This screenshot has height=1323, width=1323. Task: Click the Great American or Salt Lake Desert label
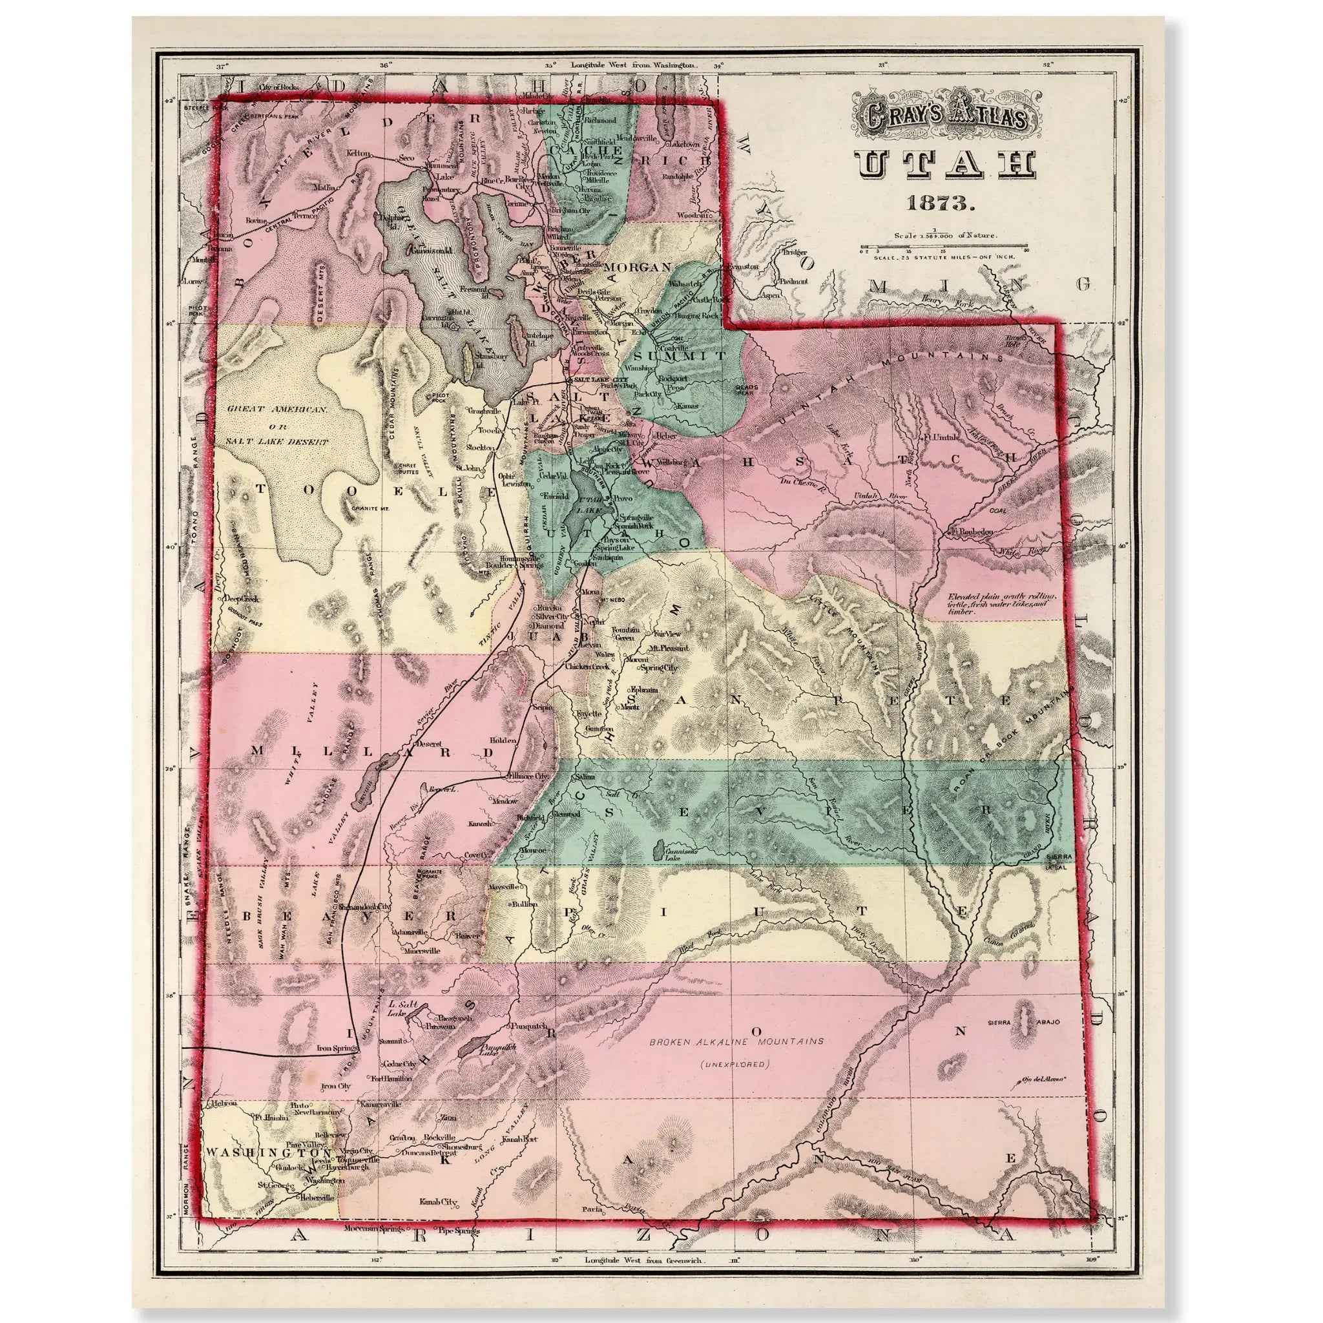(277, 425)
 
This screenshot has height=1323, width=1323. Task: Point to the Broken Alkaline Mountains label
(737, 1041)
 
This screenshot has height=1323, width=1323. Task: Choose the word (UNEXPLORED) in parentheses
(734, 1064)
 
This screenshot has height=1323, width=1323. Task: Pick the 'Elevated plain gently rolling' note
(1001, 603)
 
